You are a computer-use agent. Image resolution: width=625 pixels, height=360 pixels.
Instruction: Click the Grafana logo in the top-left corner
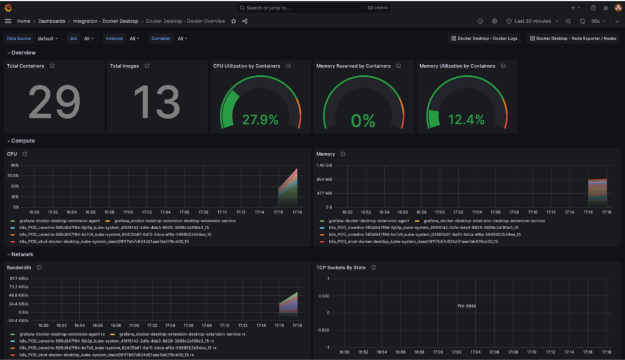pos(8,8)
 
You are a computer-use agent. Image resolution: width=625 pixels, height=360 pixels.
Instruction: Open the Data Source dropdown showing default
pos(49,39)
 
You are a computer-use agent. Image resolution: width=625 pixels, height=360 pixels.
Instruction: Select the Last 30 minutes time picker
pos(529,21)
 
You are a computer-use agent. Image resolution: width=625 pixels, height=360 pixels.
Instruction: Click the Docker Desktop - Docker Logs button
pos(484,39)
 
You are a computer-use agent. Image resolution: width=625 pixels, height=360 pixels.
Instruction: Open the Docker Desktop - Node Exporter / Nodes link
pos(572,39)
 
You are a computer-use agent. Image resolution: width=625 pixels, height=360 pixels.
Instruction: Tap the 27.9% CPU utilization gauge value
pos(260,120)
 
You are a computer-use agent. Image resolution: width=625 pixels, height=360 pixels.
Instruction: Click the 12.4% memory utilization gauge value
pos(466,120)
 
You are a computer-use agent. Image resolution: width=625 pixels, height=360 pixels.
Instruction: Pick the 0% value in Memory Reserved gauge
pos(363,120)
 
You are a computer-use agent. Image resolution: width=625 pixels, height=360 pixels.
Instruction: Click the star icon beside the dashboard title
pos(234,21)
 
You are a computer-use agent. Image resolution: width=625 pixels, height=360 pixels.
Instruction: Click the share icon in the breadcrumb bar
pos(245,21)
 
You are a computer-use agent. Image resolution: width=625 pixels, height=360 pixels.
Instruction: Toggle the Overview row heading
pos(23,53)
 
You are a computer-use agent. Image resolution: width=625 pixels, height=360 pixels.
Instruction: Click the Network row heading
pos(22,254)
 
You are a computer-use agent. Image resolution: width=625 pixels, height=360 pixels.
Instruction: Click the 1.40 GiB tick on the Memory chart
pos(324,166)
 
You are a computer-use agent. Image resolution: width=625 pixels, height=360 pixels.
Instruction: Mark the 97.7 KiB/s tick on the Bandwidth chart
pos(18,279)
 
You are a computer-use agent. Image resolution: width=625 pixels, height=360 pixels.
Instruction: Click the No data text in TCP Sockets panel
pos(466,306)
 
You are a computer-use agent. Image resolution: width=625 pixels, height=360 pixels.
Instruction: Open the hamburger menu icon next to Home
pos(8,21)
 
